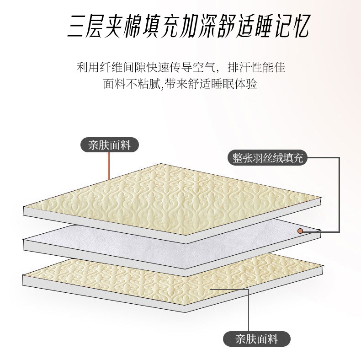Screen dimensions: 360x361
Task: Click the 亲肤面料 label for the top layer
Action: [110, 145]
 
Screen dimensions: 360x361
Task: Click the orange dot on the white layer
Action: [300, 231]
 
